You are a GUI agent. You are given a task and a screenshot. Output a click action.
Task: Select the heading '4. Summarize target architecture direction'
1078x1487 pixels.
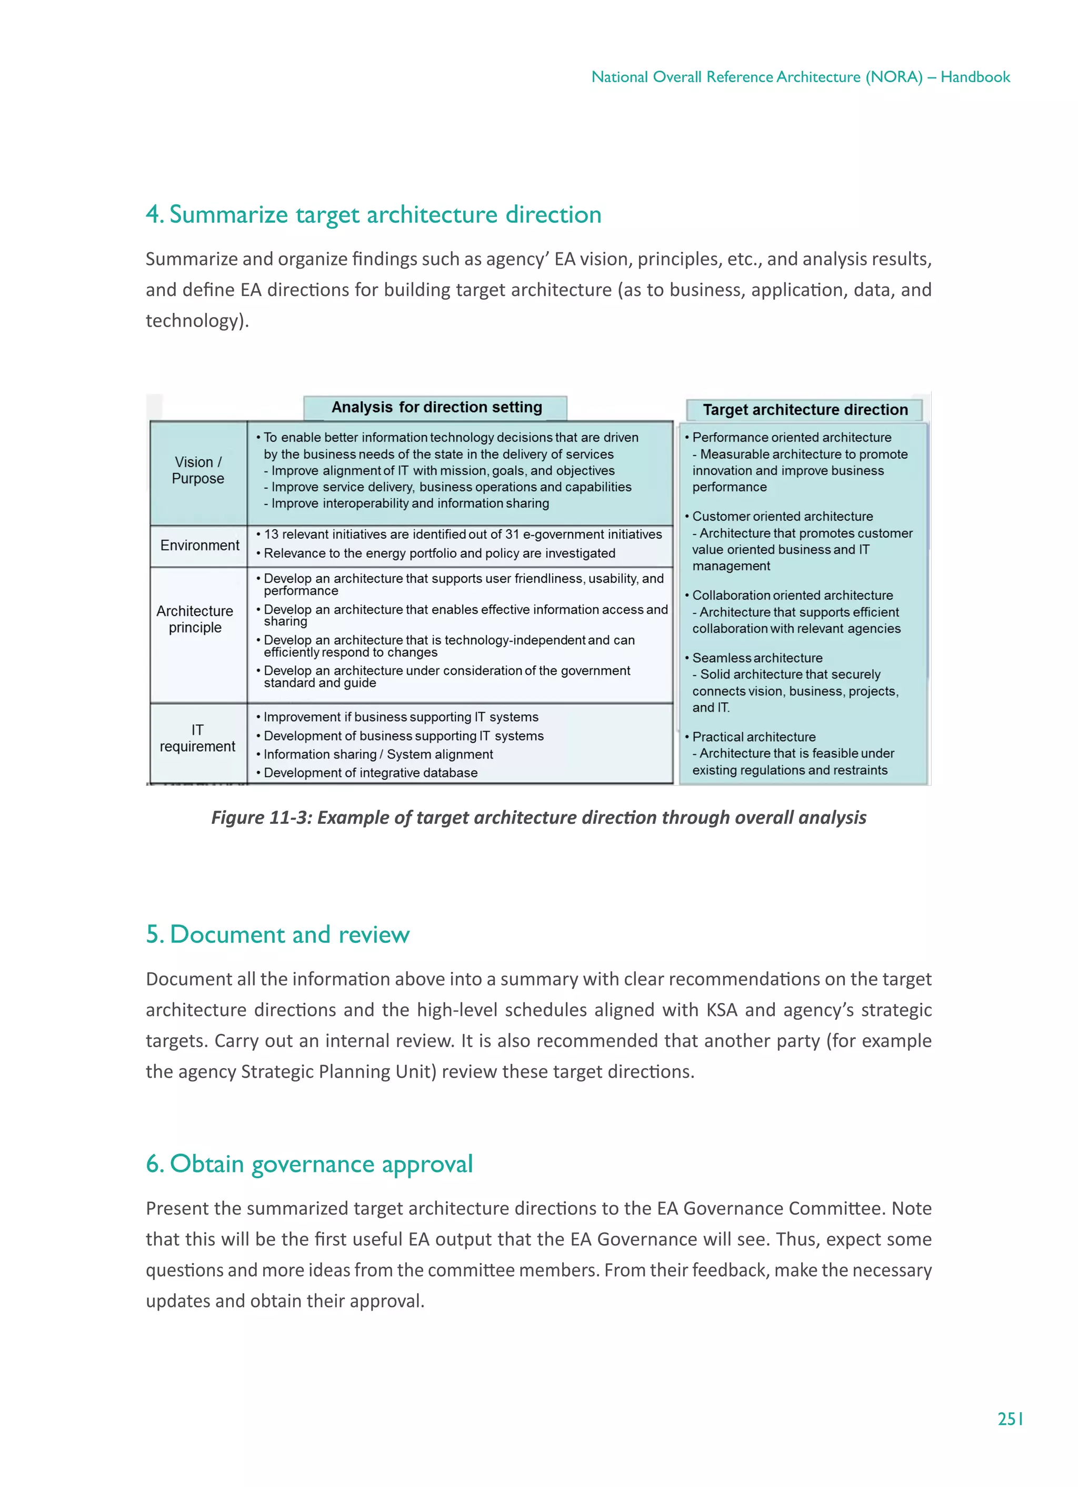point(374,214)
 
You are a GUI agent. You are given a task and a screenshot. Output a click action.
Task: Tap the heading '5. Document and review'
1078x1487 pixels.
point(278,934)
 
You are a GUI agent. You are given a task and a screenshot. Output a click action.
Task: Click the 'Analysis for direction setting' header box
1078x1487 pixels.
point(436,407)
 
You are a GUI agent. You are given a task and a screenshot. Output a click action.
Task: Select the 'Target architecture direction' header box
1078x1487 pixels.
point(805,410)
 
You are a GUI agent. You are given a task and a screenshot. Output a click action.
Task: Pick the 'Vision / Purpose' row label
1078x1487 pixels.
point(198,470)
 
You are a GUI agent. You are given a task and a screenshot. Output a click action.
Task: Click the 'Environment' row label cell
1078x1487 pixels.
point(199,546)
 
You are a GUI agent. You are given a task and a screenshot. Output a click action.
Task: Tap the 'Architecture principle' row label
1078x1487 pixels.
point(195,619)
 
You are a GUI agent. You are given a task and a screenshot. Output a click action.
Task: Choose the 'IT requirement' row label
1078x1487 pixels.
point(197,738)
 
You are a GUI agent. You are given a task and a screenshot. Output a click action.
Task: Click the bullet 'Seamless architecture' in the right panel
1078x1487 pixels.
point(757,657)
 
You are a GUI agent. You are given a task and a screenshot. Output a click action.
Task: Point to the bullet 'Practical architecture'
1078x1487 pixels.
point(754,737)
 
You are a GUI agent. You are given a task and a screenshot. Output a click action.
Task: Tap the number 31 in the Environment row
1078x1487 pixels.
point(512,534)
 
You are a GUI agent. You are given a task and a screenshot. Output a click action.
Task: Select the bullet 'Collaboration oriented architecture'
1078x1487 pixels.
point(792,595)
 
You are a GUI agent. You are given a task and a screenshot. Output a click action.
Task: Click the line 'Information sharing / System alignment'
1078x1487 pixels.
point(378,755)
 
